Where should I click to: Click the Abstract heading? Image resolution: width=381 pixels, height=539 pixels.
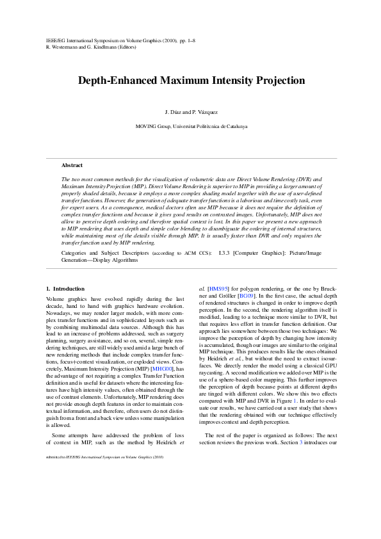point(72,165)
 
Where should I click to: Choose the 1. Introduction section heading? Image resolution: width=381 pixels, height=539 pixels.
point(66,289)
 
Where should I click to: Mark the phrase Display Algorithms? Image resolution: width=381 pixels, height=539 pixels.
point(114,261)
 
